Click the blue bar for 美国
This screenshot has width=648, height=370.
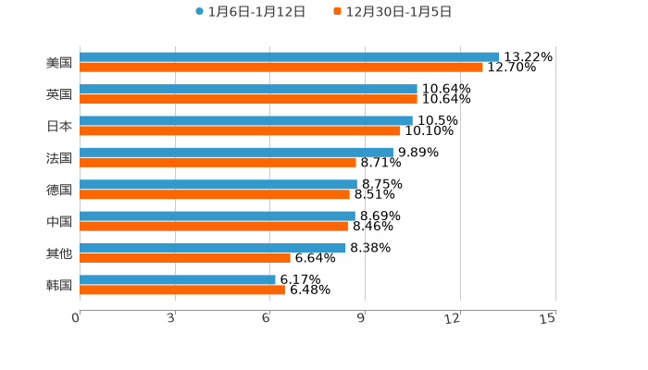[x=289, y=57]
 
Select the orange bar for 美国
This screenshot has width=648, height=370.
[x=281, y=68]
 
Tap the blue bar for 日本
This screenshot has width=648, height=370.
[x=246, y=120]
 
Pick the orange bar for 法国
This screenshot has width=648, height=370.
[x=218, y=163]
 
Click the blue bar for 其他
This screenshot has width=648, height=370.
[x=213, y=248]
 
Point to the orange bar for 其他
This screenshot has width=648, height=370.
[x=185, y=258]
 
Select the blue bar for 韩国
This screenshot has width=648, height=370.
[x=178, y=279]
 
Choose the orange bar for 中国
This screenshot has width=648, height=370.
[x=214, y=227]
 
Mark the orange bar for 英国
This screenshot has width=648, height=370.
[x=248, y=99]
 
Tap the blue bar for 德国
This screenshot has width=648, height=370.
[x=218, y=184]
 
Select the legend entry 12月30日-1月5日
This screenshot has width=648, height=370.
[x=392, y=12]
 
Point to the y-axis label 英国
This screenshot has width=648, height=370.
[x=59, y=94]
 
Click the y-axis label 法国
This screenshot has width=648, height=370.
[x=59, y=158]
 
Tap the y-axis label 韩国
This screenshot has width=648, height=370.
[x=59, y=285]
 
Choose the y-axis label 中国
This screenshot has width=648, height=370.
[x=59, y=222]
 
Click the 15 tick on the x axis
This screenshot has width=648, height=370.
[x=548, y=318]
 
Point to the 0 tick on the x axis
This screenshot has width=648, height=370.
[x=76, y=318]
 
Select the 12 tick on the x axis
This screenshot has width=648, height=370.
[x=453, y=318]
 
